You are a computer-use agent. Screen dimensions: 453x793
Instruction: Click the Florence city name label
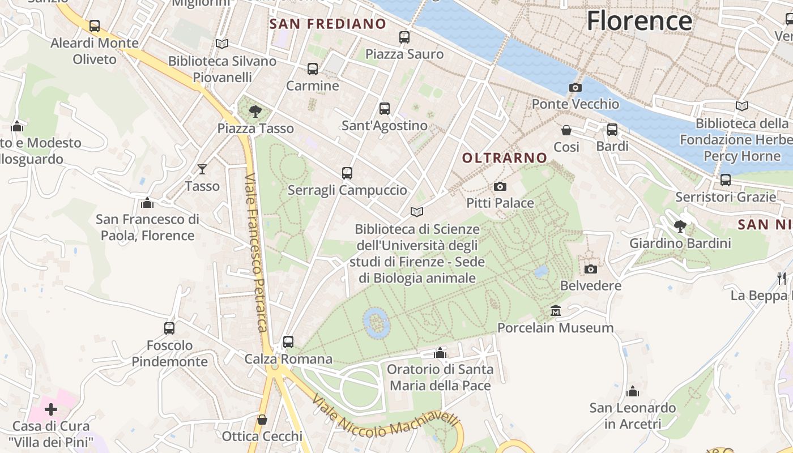639,21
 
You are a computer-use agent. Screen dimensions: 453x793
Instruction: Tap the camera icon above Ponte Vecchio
575,87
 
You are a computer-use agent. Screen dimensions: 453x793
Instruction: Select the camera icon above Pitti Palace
500,186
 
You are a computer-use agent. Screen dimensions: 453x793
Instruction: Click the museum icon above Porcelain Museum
555,311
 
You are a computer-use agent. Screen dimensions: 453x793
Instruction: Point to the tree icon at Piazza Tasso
255,111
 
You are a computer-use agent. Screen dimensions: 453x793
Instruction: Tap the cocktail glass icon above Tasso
202,169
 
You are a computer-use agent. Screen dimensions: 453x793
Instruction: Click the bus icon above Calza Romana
288,341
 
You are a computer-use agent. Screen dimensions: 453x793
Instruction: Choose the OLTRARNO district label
505,158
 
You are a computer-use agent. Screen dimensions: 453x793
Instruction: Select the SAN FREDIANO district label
328,24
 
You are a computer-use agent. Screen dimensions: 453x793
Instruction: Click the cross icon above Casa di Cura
51,409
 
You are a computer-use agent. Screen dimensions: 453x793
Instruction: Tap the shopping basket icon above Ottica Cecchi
262,420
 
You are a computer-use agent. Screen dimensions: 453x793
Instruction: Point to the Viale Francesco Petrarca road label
256,253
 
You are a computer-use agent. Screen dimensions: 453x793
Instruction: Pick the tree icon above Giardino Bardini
680,226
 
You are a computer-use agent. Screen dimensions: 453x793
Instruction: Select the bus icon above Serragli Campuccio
347,173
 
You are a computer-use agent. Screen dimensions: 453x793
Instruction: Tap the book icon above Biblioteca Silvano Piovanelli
222,44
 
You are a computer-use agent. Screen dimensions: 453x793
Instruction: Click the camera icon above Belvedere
591,269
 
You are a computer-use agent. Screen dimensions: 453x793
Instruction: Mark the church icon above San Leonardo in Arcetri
633,391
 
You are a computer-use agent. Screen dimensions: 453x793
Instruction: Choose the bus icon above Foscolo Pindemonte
169,328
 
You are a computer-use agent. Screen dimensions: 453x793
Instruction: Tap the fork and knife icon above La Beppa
782,278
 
